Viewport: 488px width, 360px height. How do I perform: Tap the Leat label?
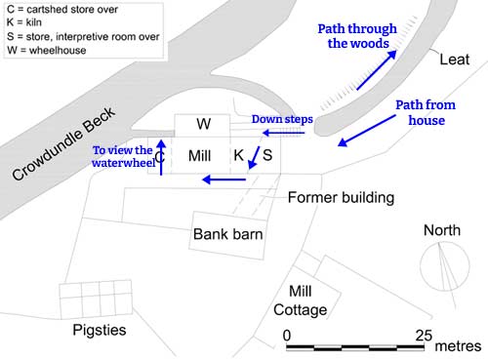coord(454,60)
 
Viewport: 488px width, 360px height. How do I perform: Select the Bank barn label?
coord(227,234)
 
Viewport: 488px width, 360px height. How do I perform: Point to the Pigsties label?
coord(101,330)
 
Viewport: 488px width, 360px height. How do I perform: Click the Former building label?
coord(341,198)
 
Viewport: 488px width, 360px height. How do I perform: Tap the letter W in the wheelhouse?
coord(203,125)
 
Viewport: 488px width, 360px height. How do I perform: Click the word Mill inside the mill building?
coord(199,155)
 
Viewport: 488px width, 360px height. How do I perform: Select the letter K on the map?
coord(237,155)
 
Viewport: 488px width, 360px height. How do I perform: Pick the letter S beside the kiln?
coord(267,155)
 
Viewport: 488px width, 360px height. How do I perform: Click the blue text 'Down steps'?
coord(282,119)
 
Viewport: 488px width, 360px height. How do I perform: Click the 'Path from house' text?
coord(420,112)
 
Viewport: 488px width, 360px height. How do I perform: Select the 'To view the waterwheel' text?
coord(123,157)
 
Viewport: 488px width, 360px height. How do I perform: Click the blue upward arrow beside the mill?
coord(162,156)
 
